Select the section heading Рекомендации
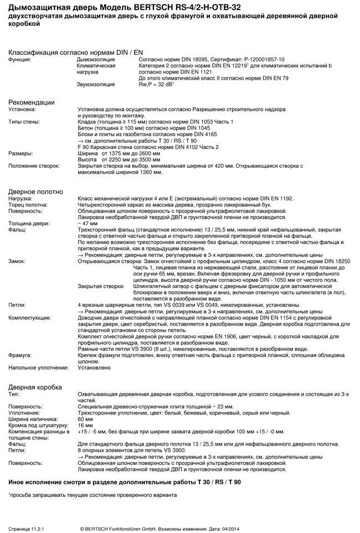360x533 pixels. coord(31,102)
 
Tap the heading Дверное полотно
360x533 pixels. coord(35,192)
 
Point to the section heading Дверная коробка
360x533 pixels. coord(35,387)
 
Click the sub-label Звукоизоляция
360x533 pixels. coord(95,84)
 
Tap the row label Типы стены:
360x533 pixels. coord(24,121)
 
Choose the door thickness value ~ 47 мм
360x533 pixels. coord(88,224)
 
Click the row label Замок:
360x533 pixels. coord(18,260)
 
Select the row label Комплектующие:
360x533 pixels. coord(29,318)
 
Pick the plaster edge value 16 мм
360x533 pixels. coord(85,426)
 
